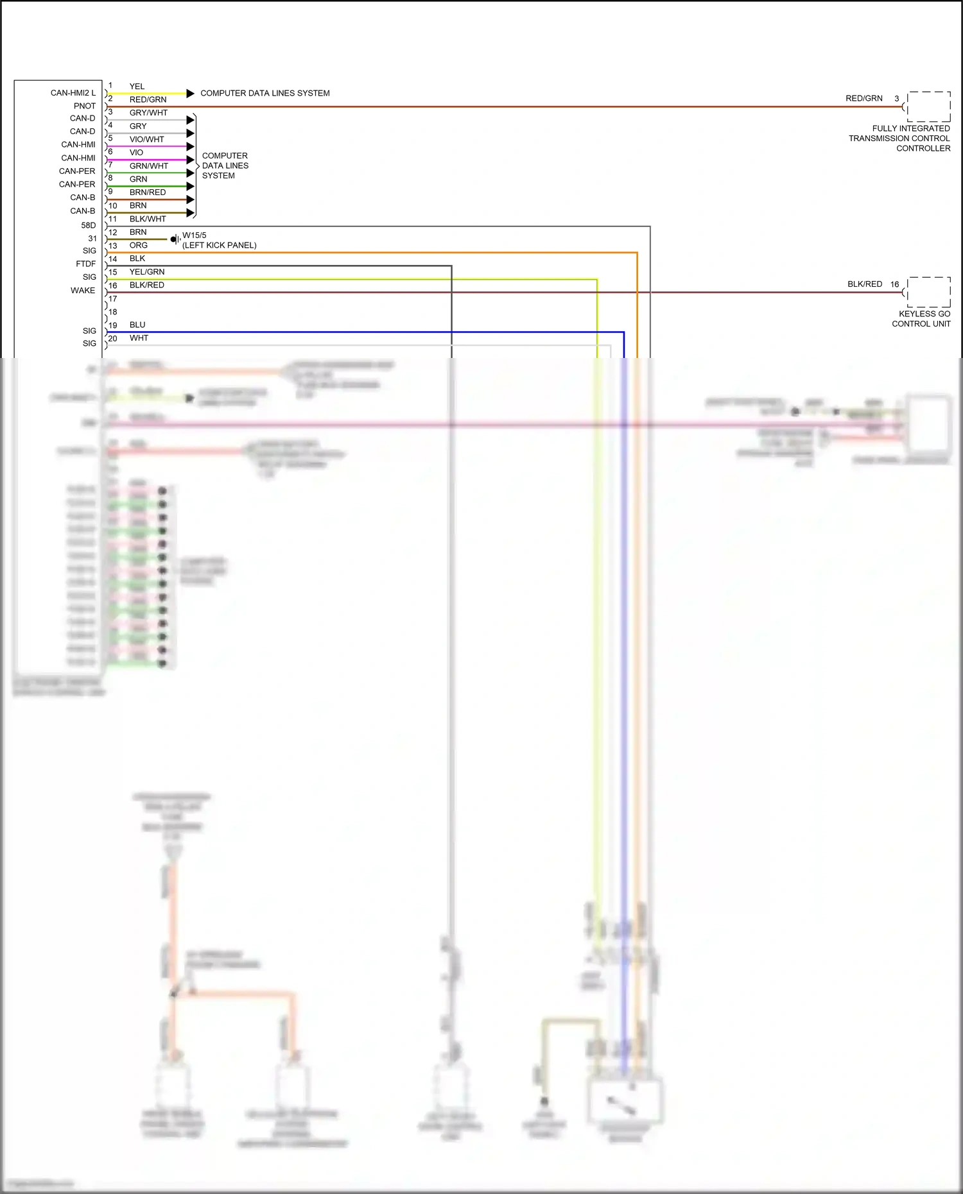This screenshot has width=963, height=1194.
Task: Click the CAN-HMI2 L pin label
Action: coord(73,93)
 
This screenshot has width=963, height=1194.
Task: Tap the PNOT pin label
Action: coord(84,106)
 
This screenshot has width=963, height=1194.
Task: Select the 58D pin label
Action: coord(88,225)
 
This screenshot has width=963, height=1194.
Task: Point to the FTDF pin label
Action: coord(85,264)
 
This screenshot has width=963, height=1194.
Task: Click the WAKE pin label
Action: coord(82,291)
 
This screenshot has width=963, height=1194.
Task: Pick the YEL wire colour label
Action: coord(137,87)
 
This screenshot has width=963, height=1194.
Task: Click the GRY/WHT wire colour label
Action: coord(148,113)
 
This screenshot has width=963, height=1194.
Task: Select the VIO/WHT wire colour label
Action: coord(146,139)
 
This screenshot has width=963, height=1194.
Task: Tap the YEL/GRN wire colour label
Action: coord(146,272)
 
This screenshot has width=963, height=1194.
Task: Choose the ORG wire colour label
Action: coord(138,246)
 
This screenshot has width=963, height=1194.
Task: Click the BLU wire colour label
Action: coord(137,325)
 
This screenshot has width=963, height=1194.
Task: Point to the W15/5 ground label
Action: coord(194,235)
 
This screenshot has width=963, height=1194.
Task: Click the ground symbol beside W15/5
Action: coord(175,239)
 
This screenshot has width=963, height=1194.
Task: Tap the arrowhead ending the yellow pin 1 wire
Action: coord(190,94)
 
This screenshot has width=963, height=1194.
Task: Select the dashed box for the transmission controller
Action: coord(928,107)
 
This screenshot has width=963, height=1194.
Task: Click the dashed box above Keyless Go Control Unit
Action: coord(928,293)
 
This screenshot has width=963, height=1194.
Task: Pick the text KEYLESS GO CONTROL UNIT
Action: coord(922,319)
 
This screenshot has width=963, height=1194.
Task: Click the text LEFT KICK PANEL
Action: coord(219,246)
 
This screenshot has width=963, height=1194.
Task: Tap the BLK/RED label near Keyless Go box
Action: coord(864,284)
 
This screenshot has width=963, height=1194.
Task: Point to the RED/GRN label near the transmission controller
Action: coord(863,99)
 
